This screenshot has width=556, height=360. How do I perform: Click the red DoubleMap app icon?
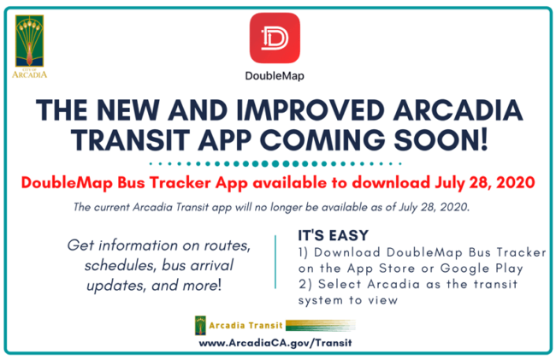[x=275, y=38]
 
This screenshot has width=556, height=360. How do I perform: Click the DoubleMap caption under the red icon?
[x=275, y=75]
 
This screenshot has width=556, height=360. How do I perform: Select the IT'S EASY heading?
[x=332, y=234]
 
